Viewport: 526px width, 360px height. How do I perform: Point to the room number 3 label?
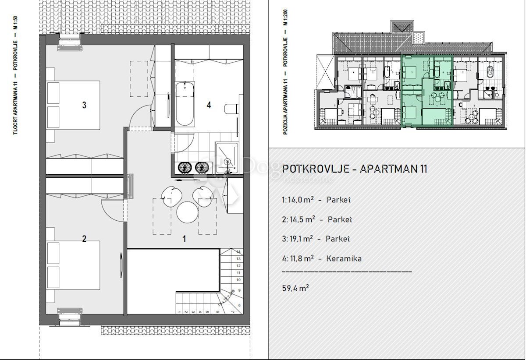84,105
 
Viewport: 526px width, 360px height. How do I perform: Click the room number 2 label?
84,239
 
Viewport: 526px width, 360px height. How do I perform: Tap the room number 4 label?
209,105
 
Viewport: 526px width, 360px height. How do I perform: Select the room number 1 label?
185,239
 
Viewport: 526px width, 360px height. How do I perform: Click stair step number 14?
238,252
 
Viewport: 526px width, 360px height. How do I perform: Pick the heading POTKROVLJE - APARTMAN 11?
355,169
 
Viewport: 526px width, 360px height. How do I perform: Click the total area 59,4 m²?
296,288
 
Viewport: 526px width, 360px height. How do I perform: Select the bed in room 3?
75,105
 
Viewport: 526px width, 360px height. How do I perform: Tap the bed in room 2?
75,265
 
